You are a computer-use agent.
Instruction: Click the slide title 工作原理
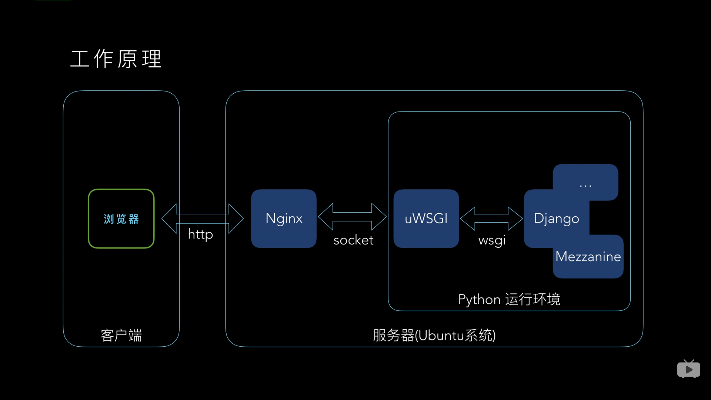point(116,59)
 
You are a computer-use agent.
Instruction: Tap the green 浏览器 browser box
point(121,219)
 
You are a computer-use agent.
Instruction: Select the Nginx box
point(284,219)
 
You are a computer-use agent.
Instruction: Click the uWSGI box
point(426,219)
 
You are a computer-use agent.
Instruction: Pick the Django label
point(556,219)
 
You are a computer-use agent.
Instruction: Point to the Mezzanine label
point(588,257)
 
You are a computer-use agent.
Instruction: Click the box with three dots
point(585,183)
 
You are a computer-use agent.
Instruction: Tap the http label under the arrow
point(200,234)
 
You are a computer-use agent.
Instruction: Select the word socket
point(353,240)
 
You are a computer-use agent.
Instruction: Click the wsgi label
point(492,240)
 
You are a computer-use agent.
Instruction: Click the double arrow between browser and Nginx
point(203,219)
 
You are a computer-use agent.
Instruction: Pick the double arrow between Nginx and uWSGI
point(352,217)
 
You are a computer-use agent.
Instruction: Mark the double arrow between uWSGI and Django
point(491,219)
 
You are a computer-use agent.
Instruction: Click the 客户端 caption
point(121,336)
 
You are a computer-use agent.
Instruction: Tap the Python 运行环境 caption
point(509,299)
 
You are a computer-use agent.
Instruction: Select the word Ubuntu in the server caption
point(441,336)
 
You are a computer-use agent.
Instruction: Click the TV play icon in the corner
point(688,369)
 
